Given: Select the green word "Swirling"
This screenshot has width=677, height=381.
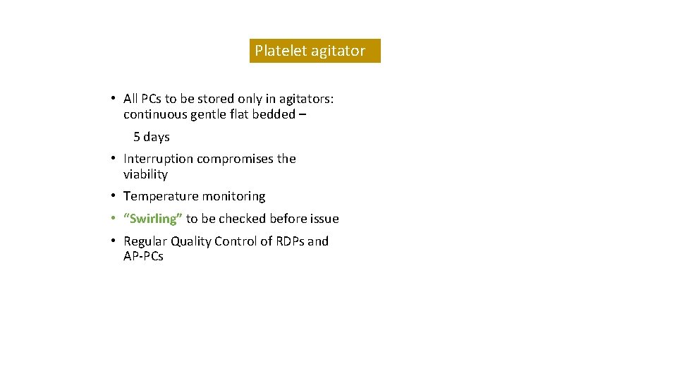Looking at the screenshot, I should click(x=153, y=219).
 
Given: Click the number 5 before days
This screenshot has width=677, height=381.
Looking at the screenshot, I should click(x=137, y=137).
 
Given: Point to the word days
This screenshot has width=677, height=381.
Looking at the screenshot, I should click(x=157, y=137).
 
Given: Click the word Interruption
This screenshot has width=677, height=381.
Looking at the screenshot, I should click(x=159, y=159).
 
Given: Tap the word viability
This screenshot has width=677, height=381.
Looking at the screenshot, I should click(x=145, y=174).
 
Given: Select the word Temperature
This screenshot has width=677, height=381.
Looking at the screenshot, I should click(x=161, y=196).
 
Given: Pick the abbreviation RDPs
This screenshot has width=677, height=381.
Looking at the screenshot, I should click(x=290, y=241).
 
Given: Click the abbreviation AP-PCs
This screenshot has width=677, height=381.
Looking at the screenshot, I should click(x=143, y=257).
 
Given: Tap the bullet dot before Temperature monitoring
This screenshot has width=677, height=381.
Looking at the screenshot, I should click(x=113, y=196).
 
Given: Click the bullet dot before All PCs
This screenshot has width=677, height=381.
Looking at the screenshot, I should click(x=113, y=99).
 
